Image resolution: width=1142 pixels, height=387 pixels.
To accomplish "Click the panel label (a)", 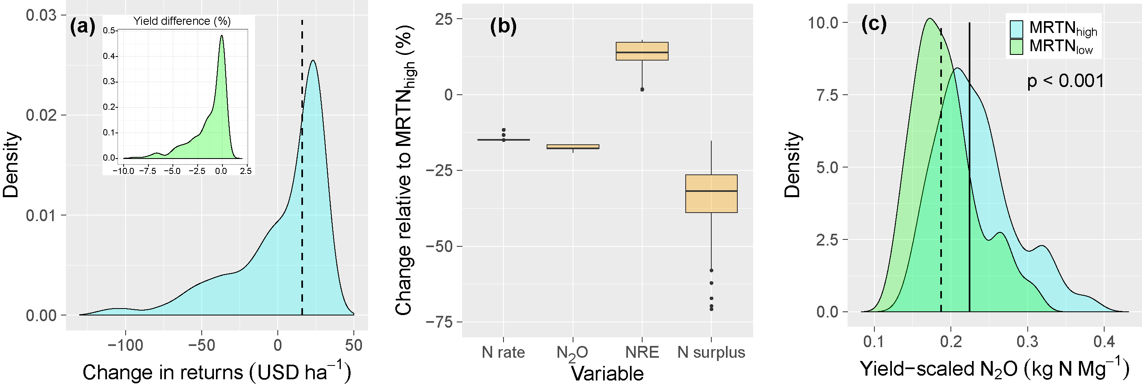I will tap(83, 28).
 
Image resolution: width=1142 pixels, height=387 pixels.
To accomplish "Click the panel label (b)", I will tap(503, 26).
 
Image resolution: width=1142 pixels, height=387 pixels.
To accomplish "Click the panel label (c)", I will tap(874, 24).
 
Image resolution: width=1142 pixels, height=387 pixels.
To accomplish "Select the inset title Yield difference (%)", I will tap(182, 21).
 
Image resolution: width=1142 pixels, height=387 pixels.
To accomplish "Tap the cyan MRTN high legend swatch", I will tap(1016, 29).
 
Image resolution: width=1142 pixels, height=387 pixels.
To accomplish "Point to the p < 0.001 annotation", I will tap(1065, 81).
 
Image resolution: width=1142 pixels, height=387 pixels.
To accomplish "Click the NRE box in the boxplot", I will tap(642, 51).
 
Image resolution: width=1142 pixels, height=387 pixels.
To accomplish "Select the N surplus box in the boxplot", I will tap(711, 194).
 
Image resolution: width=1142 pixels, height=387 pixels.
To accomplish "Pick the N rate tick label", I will tap(503, 352).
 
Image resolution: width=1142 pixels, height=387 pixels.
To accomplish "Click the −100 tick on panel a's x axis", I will tap(125, 345).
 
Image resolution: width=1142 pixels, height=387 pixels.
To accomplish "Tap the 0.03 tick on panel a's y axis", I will tap(41, 15).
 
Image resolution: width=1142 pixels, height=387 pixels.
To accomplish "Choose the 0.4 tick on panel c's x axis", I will tap(1103, 342).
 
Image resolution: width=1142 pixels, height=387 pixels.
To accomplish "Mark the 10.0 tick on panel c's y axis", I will tap(823, 23).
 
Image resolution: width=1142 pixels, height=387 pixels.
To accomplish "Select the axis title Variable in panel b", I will tap(607, 374).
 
